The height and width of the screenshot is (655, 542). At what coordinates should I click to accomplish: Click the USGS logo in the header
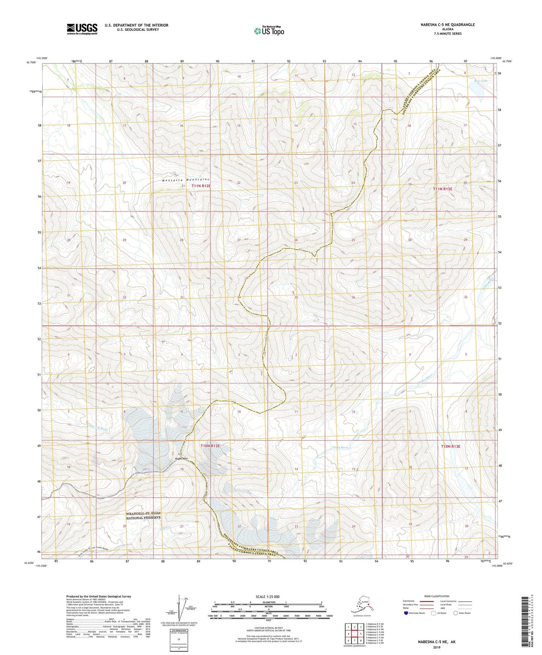(x=82, y=29)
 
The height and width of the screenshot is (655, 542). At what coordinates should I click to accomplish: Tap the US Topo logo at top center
(x=269, y=31)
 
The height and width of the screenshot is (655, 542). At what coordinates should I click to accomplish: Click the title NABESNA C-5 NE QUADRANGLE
(x=447, y=25)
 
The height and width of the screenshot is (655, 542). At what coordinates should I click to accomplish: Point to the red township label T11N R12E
(x=201, y=186)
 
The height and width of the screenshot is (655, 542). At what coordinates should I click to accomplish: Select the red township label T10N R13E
(x=450, y=446)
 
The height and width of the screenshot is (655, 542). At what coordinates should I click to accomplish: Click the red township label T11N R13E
(x=443, y=189)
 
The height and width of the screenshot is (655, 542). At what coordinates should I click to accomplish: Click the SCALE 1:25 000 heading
(x=267, y=596)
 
